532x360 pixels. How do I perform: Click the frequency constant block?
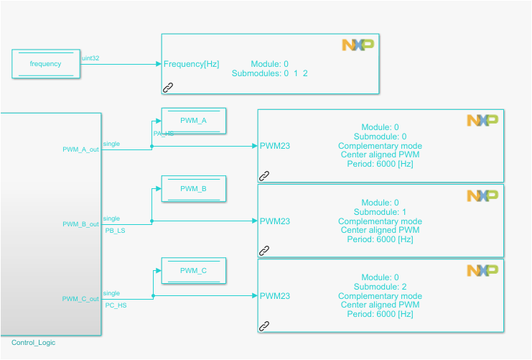45,64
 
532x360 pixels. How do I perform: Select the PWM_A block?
193,121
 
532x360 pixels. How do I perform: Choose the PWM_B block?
193,188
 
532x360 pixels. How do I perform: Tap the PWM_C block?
193,270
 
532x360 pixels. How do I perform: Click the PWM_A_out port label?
80,149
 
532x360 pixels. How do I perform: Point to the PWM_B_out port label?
80,224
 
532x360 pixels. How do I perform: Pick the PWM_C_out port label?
80,299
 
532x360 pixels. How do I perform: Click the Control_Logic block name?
33,343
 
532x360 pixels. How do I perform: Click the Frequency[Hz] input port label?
191,64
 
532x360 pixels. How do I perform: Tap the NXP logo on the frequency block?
358,45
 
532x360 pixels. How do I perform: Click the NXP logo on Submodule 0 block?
482,121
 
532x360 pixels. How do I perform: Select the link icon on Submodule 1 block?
264,251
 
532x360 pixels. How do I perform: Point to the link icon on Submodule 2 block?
264,326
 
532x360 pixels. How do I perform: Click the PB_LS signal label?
115,231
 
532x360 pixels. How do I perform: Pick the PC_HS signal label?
115,305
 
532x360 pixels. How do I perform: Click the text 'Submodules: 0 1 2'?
269,73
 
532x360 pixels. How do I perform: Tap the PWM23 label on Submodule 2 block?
275,296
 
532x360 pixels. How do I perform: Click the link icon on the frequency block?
168,87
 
